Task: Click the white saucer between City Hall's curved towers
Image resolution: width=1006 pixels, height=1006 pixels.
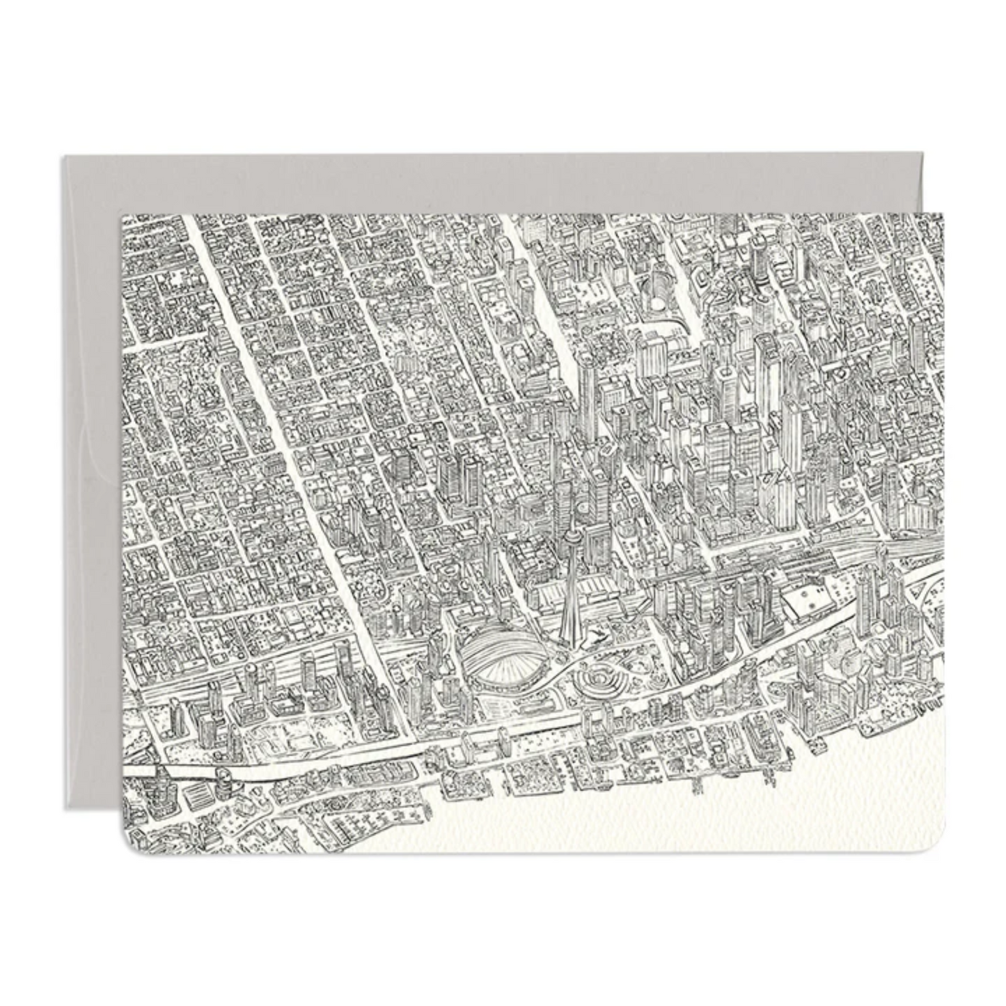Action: pyautogui.click(x=657, y=304)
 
